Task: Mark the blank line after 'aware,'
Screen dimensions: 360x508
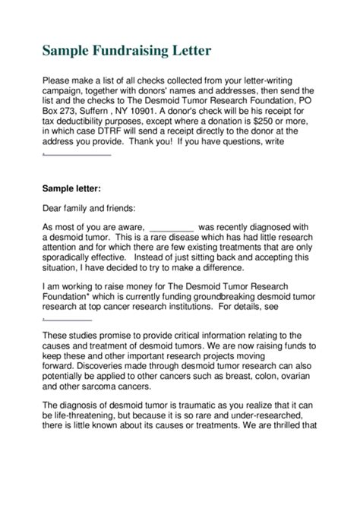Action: tap(172, 226)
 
